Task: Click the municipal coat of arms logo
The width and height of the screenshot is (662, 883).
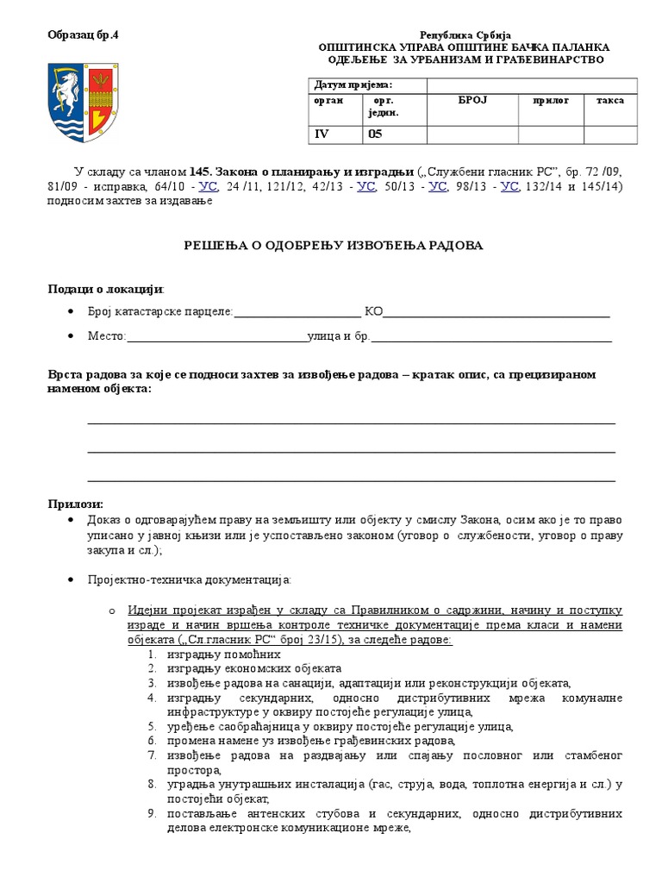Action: pyautogui.click(x=83, y=102)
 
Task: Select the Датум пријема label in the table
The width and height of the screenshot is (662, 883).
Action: pyautogui.click(x=353, y=85)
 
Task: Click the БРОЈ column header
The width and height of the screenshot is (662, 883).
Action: pyautogui.click(x=472, y=101)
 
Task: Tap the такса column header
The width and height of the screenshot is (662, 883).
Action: pyautogui.click(x=609, y=101)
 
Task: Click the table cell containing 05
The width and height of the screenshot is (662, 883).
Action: pyautogui.click(x=375, y=134)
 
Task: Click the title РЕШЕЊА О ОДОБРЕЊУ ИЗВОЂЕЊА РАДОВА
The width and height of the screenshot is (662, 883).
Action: pyautogui.click(x=334, y=246)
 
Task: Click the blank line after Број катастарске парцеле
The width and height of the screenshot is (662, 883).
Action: pyautogui.click(x=297, y=312)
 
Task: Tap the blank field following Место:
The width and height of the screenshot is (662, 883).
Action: pyautogui.click(x=216, y=336)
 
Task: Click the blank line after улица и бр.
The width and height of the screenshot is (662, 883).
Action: pyautogui.click(x=491, y=336)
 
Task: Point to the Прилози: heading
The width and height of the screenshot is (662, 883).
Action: pyautogui.click(x=75, y=504)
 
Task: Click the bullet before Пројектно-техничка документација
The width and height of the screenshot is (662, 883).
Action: pyautogui.click(x=71, y=578)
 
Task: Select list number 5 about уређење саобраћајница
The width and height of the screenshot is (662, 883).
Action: pyautogui.click(x=152, y=726)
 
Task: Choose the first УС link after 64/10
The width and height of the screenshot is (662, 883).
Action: pyautogui.click(x=209, y=186)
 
